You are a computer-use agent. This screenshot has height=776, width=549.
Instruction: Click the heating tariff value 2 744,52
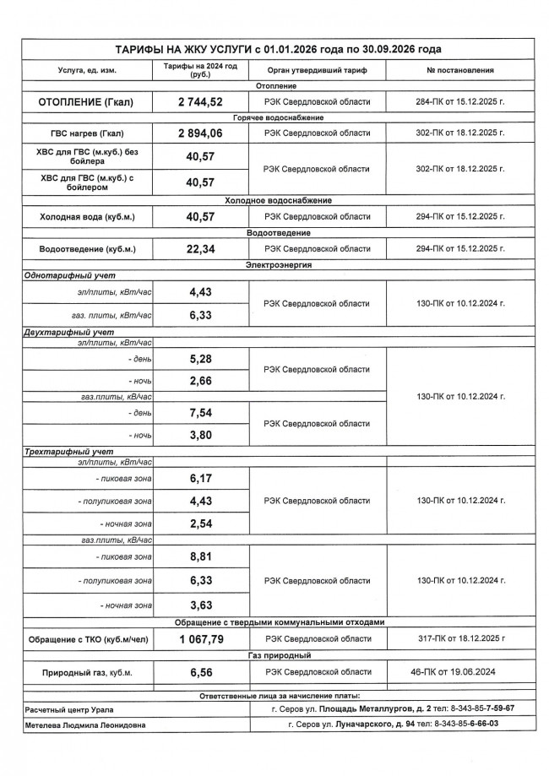[x=200, y=102]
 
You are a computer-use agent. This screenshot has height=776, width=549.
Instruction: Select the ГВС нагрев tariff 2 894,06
[x=200, y=133]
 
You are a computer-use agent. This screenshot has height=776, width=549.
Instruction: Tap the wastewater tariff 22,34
[x=200, y=249]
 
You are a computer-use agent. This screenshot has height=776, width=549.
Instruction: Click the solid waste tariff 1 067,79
[x=200, y=639]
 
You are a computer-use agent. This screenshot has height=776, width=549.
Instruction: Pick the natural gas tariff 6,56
[x=200, y=671]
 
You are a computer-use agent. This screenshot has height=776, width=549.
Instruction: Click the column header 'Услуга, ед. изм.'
[x=86, y=70]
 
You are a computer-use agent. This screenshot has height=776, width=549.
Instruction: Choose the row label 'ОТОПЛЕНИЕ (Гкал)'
[x=86, y=102]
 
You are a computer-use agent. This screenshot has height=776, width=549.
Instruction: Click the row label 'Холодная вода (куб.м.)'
[x=86, y=217]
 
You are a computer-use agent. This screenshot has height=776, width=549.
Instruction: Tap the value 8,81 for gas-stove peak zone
[x=200, y=557]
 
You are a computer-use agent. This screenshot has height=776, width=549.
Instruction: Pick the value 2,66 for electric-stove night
[x=200, y=381]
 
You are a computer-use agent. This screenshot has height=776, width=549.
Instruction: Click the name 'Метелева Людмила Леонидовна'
[x=84, y=724]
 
